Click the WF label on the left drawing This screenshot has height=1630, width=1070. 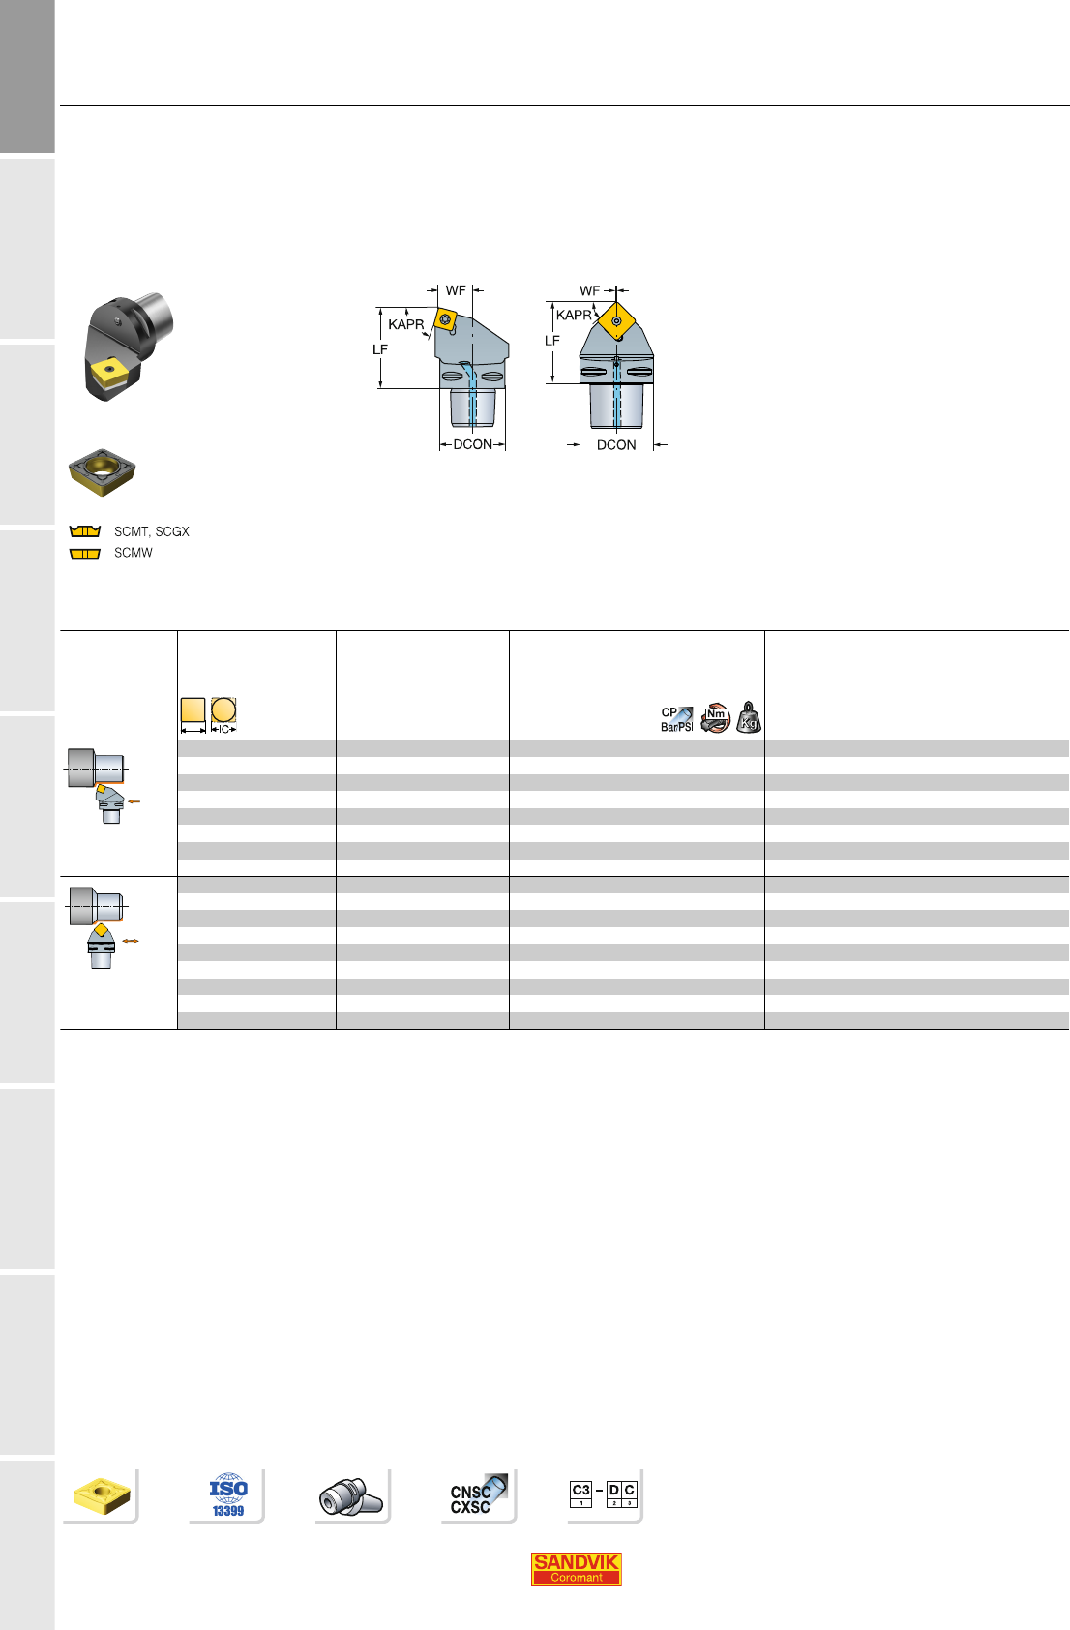[x=456, y=290]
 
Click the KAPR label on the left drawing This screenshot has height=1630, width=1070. [x=406, y=324]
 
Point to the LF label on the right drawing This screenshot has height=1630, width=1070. [x=552, y=341]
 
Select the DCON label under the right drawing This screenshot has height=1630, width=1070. [x=616, y=444]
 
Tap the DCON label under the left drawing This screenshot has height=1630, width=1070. [x=473, y=444]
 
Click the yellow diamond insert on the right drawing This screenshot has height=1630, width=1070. [x=616, y=321]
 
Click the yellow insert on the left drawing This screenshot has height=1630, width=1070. [x=445, y=319]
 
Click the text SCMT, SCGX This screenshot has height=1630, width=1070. [x=151, y=532]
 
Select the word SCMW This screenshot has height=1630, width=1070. [x=134, y=553]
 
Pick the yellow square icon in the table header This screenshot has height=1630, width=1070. [x=193, y=710]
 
